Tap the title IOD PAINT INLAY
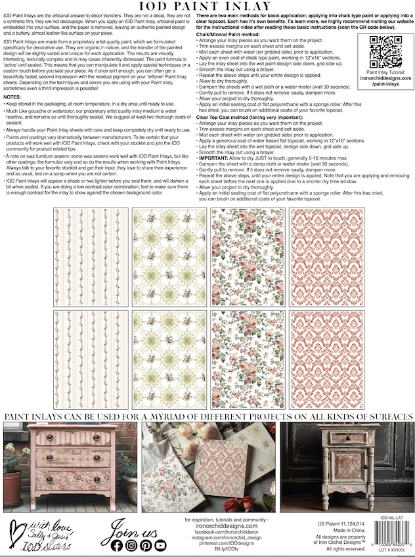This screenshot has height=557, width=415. tap(207, 7)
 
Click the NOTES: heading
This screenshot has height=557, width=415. tap(13, 97)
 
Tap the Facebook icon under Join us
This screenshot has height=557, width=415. tap(118, 545)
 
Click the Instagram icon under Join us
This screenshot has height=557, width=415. tap(131, 545)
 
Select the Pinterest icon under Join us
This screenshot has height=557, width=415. tap(146, 545)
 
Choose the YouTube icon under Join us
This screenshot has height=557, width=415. tap(160, 545)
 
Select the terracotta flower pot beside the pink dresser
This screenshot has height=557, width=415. tap(12, 486)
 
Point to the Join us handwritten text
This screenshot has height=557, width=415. tap(136, 527)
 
